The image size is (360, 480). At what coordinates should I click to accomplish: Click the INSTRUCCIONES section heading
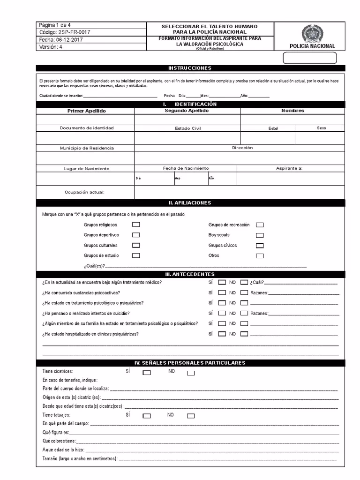(x=190, y=68)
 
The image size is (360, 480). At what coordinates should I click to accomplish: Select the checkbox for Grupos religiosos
(x=136, y=225)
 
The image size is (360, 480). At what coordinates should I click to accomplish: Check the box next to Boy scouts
(x=260, y=235)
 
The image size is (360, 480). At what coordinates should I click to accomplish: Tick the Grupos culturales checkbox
(x=136, y=246)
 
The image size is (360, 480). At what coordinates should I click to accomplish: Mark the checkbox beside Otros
(x=260, y=256)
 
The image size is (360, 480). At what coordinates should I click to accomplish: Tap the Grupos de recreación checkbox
(x=260, y=225)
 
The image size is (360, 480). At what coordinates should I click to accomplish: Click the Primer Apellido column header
(x=87, y=111)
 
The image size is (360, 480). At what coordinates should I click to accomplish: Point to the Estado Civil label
(x=187, y=128)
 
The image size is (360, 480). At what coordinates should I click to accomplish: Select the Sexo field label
(x=321, y=128)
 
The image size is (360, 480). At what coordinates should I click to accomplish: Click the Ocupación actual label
(x=84, y=192)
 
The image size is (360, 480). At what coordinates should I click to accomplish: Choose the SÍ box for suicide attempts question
(x=222, y=313)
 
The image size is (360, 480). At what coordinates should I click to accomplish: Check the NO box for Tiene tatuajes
(x=191, y=416)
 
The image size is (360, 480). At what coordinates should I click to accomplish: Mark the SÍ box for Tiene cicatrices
(x=147, y=374)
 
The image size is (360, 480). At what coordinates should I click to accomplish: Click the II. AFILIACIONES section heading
(x=190, y=203)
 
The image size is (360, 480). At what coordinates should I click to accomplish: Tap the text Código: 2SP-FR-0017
(x=65, y=32)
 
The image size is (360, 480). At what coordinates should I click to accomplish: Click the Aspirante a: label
(x=289, y=168)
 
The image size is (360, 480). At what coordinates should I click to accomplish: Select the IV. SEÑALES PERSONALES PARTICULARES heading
(x=190, y=363)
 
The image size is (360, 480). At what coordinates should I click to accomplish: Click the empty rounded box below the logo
(x=310, y=58)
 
